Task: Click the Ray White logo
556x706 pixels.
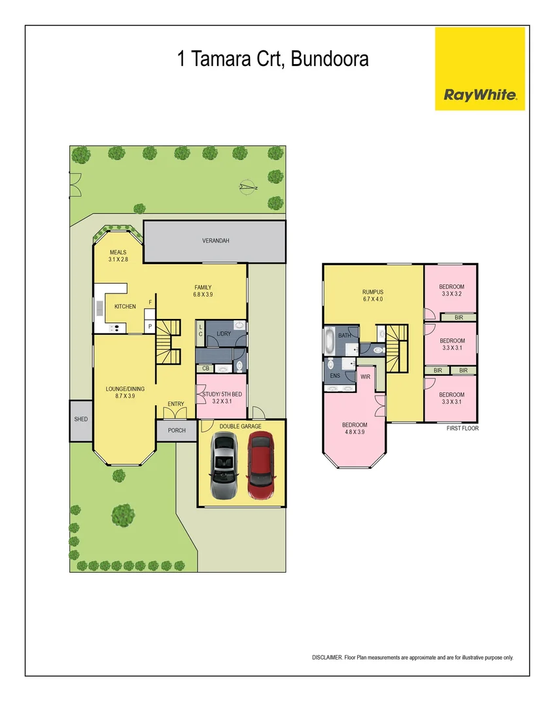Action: tap(480, 69)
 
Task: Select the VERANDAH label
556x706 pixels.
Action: tap(215, 241)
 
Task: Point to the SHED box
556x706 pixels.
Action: tap(81, 419)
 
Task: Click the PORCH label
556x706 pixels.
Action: tap(177, 430)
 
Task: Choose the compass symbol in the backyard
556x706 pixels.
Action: tap(247, 188)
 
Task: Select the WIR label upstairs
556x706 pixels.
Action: tap(365, 377)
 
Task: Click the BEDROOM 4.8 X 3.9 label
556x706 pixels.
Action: tap(355, 429)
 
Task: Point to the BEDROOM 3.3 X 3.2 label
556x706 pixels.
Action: tap(451, 290)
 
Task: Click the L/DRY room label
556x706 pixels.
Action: tap(224, 334)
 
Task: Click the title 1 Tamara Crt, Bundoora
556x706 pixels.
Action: tap(273, 59)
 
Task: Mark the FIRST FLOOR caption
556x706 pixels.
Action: tap(462, 429)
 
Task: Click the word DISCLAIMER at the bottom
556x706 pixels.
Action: tap(326, 657)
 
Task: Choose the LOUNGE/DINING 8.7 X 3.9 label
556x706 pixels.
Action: tap(125, 392)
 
